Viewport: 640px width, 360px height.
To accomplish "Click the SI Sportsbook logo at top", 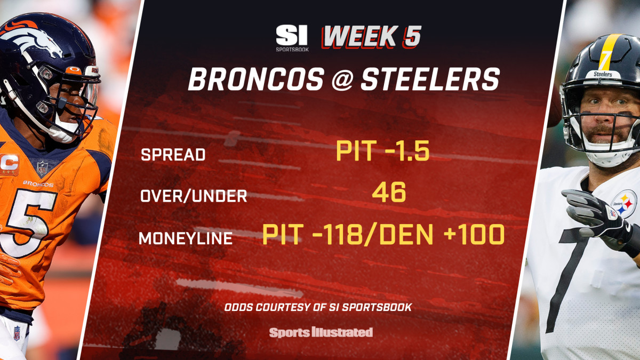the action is click(x=292, y=38).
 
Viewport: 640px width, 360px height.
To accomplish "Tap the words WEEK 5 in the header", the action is click(x=371, y=37).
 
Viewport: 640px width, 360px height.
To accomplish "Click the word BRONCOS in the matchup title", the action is click(x=256, y=79).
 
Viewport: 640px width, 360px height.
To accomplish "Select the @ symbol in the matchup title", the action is click(x=342, y=79).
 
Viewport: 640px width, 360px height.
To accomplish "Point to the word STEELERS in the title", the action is click(x=430, y=79).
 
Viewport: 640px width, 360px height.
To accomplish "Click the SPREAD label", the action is click(x=173, y=155).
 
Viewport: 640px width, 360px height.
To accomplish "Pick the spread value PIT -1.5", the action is click(x=382, y=150).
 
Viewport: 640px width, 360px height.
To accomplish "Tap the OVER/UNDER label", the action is click(x=194, y=196).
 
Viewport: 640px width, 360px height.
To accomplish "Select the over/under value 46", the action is click(x=389, y=192).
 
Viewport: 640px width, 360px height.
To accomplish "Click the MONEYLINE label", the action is click(x=186, y=238).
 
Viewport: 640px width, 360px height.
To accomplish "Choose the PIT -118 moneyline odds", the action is click(x=311, y=234).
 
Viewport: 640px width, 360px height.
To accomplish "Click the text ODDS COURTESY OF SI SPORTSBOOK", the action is click(x=318, y=307).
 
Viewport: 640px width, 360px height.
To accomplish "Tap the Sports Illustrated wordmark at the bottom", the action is click(x=321, y=332).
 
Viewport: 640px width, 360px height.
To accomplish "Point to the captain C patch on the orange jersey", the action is click(x=10, y=164).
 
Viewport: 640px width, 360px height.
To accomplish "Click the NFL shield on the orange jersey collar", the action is click(x=42, y=168).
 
